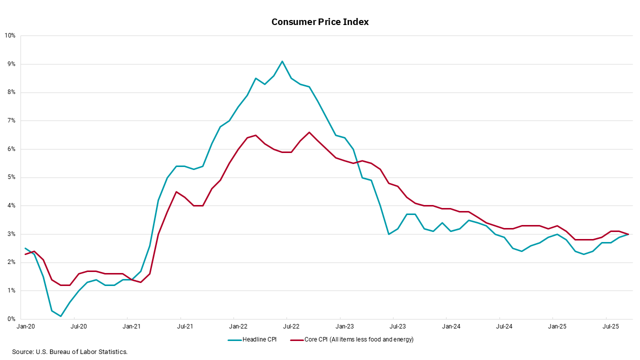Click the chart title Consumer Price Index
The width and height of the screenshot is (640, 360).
coord(320,22)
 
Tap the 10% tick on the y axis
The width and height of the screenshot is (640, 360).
coord(10,35)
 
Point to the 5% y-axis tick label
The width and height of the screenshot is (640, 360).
coord(11,177)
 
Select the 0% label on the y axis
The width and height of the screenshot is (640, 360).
coord(11,319)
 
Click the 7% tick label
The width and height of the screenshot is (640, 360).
coord(11,120)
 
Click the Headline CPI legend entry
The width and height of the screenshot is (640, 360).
coord(259,339)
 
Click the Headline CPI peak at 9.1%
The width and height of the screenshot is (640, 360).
coord(282,61)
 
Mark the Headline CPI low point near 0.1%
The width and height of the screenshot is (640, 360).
coord(60,316)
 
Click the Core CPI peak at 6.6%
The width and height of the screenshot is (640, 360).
coord(309,132)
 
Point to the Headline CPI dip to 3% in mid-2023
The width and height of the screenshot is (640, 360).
coord(389,234)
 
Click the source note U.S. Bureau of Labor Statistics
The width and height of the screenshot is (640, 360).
coord(70,352)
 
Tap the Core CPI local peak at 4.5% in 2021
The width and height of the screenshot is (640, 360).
coord(176,191)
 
